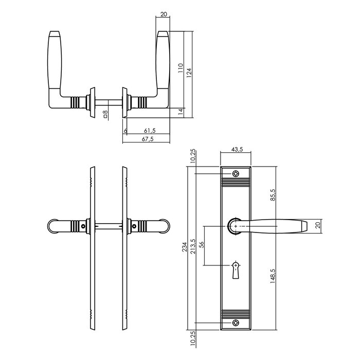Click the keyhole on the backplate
[x=236, y=269]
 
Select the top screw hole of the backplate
[x=236, y=174]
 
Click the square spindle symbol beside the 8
[x=105, y=118]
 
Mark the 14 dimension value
[x=181, y=111]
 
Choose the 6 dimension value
[x=125, y=131]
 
